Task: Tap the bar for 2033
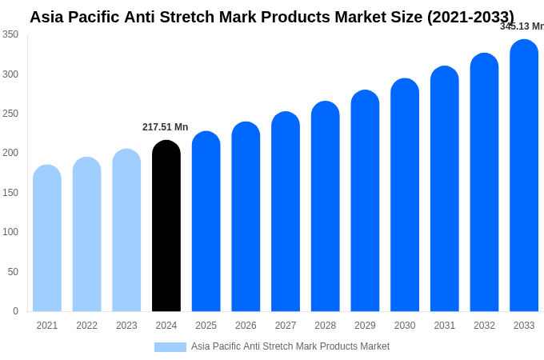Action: [x=524, y=176]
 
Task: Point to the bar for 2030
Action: [x=405, y=195]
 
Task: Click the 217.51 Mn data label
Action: [x=166, y=127]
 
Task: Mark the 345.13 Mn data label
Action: [x=522, y=26]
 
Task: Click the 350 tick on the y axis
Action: [x=10, y=34]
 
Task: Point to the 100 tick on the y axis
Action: [x=10, y=232]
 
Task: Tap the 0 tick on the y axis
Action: [x=15, y=311]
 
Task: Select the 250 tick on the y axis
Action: [x=10, y=114]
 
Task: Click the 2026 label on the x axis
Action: [x=246, y=326]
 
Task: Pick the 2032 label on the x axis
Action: [x=484, y=326]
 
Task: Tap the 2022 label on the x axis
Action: [x=87, y=326]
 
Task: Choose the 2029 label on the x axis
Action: [x=365, y=326]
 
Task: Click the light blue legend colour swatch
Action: [x=170, y=347]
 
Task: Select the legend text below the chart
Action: [x=290, y=346]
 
